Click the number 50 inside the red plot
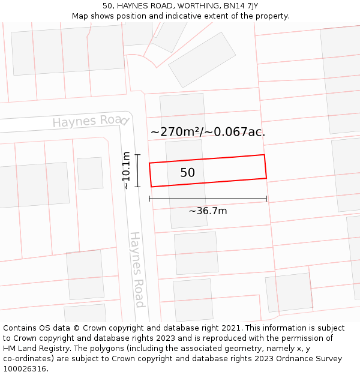click(x=187, y=173)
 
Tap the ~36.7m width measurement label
click(x=208, y=211)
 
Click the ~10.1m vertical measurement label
click(x=126, y=170)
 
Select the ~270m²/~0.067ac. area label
click(x=208, y=132)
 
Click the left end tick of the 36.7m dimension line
click(x=149, y=199)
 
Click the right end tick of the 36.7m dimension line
click(x=266, y=199)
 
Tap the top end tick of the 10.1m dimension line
click(x=137, y=155)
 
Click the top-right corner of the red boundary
click(x=264, y=155)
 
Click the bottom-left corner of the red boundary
click(x=151, y=187)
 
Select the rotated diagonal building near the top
click(x=202, y=59)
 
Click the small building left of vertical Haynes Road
click(x=90, y=173)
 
